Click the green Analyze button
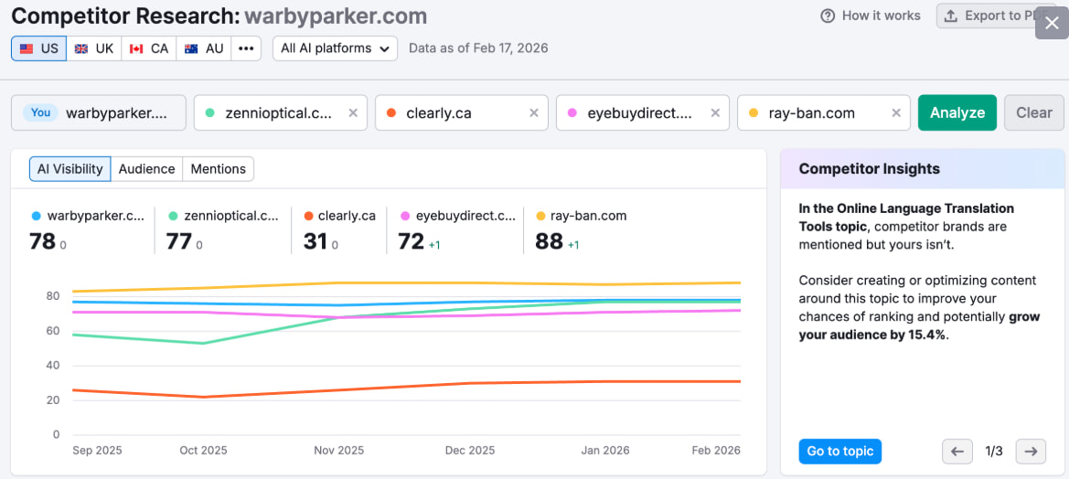[x=957, y=112]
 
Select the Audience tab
[x=146, y=169]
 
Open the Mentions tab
[x=218, y=169]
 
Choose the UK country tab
[x=94, y=48]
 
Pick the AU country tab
[x=203, y=48]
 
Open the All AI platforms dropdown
[x=335, y=48]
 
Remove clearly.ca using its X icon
[x=534, y=113]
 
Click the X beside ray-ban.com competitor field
[x=895, y=113]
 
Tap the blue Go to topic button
[x=839, y=451]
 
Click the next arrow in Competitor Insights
[x=1030, y=451]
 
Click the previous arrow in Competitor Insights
[x=957, y=451]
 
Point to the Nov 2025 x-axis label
[x=338, y=451]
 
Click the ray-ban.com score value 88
[x=549, y=241]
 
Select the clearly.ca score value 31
[x=315, y=241]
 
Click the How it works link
[x=871, y=16]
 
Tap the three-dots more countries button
[x=246, y=48]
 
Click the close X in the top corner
[x=1052, y=23]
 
